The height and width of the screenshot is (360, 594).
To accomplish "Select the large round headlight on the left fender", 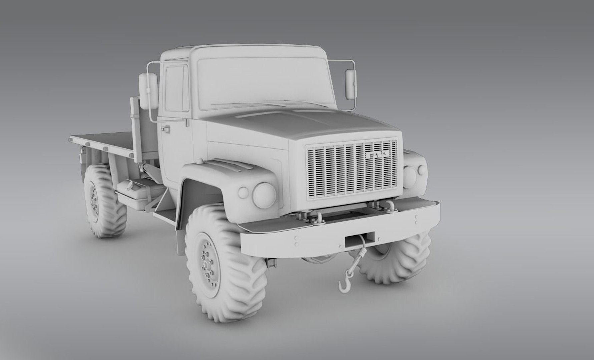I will [x=264, y=194].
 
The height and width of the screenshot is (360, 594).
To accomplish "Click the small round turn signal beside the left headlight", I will [x=243, y=192].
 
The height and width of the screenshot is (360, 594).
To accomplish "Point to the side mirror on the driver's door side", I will [x=148, y=91].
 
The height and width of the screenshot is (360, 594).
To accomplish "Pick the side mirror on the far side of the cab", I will [x=351, y=84].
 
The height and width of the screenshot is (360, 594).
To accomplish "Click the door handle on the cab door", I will [x=165, y=128].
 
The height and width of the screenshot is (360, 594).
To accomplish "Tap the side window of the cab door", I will [x=177, y=88].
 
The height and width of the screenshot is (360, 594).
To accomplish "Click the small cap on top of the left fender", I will [x=199, y=162].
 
